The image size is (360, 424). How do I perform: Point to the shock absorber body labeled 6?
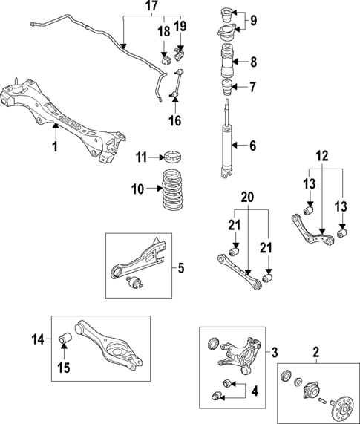[x=225, y=145]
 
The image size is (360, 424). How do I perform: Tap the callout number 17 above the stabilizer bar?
[x=151, y=5]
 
